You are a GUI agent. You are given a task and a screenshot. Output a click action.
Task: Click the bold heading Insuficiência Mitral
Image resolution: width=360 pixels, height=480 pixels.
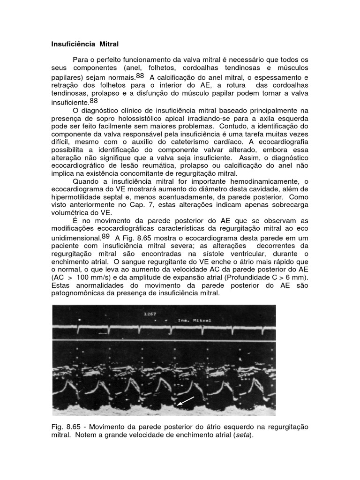coord(85,45)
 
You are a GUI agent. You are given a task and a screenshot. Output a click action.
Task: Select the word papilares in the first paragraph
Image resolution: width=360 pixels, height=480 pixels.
coord(66,77)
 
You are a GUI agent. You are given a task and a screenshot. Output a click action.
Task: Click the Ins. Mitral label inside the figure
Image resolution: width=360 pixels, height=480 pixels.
coord(195,321)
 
